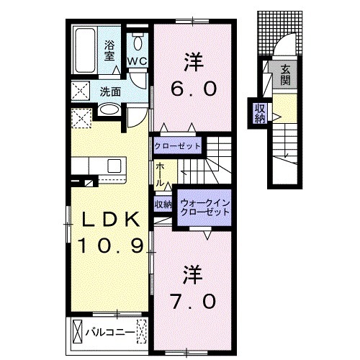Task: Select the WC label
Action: (x=138, y=61)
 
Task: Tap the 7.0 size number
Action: (x=194, y=300)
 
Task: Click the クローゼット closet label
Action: (x=177, y=145)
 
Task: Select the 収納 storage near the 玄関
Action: (x=259, y=114)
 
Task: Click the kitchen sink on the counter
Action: (x=114, y=166)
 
